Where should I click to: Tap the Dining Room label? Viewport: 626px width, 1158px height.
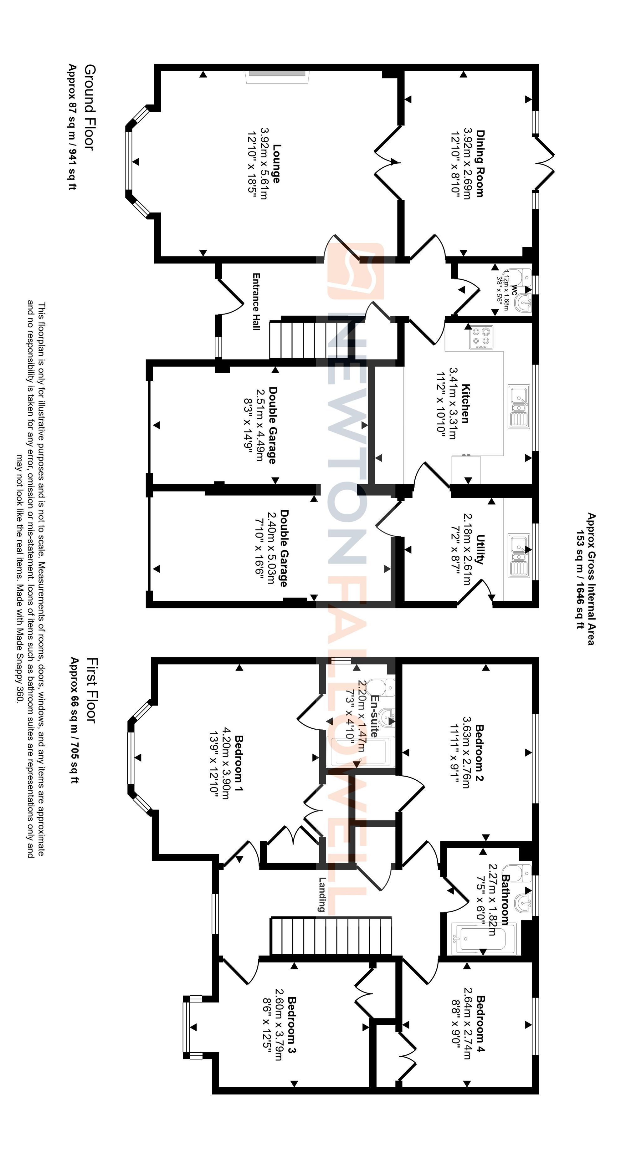pos(480,164)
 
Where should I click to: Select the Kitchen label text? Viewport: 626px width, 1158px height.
pos(465,403)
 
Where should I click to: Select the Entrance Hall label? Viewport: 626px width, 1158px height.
pos(256,302)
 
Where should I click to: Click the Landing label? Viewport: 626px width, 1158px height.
pos(321,894)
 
